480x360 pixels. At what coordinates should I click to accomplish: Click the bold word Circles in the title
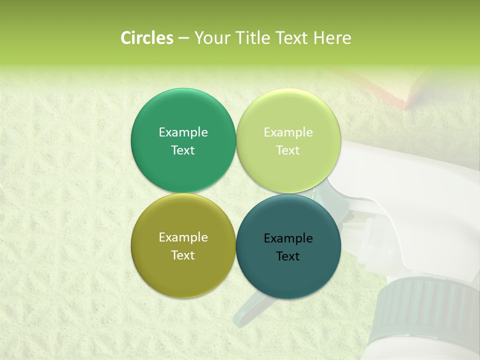coord(146,38)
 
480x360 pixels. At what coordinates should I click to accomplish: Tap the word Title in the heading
coord(252,38)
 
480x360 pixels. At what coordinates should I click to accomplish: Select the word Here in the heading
coord(332,38)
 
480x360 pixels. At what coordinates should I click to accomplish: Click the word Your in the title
coord(211,38)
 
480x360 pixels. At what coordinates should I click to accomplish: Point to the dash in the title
coord(183,38)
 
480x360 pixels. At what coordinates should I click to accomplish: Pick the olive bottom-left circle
coord(183,272)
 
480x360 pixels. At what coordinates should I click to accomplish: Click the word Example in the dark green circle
coord(183,132)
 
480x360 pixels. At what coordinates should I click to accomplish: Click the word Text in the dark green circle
coord(183,150)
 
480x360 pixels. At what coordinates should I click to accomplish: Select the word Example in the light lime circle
coord(288,132)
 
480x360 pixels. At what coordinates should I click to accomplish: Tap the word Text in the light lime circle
coord(288,150)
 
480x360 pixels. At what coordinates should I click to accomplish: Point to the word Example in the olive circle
coord(183,237)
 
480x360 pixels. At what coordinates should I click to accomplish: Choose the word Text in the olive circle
coord(183,255)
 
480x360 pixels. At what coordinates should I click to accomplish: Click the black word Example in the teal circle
coord(288,238)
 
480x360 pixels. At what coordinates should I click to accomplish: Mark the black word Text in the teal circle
coord(288,256)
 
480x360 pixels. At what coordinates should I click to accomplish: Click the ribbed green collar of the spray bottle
coord(425,305)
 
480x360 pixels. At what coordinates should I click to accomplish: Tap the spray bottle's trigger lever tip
coord(245,315)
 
